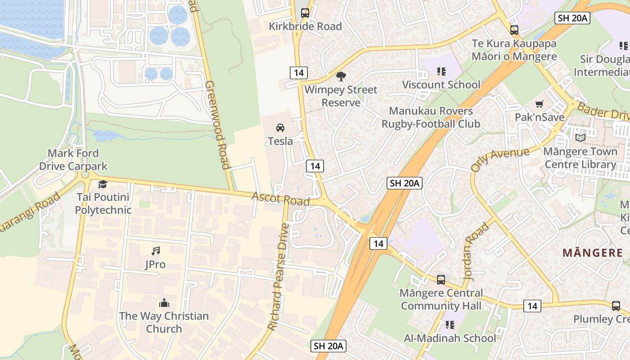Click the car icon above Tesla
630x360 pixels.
point(280,128)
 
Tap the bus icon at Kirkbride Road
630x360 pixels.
point(305,13)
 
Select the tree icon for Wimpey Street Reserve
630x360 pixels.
point(341,76)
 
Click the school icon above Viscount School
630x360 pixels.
point(441,71)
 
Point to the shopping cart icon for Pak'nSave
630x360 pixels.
point(539,104)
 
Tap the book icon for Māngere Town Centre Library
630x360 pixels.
point(580,138)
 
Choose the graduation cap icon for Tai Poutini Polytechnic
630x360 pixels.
point(103,184)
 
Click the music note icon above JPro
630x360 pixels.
point(155,251)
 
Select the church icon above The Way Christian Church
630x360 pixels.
point(164,303)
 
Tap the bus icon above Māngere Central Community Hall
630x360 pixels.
point(441,279)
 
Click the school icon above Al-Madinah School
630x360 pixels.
point(450,325)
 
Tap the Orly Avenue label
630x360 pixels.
point(500,159)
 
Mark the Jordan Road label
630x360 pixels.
point(476,251)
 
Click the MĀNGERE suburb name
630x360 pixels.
point(593,252)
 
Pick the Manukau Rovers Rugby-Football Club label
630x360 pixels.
point(431,117)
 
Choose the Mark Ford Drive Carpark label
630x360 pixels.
point(73,160)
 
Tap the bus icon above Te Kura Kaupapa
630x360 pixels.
point(514,30)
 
